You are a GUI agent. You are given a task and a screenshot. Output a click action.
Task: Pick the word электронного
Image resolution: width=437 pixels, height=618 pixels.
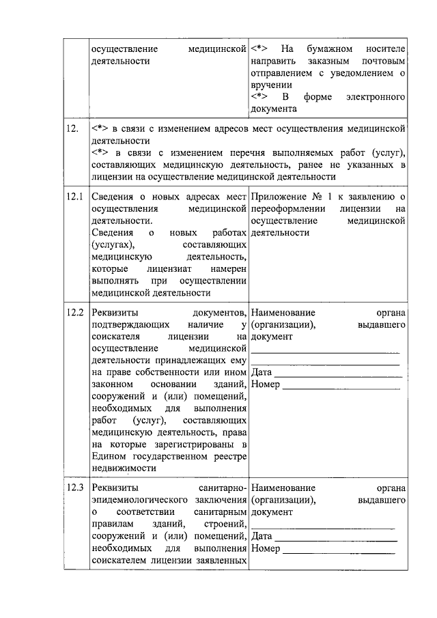click(379, 97)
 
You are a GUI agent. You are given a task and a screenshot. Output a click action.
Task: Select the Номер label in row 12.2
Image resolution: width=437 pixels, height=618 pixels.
click(266, 385)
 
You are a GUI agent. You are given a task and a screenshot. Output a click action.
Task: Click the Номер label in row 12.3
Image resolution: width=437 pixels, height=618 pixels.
click(266, 548)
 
